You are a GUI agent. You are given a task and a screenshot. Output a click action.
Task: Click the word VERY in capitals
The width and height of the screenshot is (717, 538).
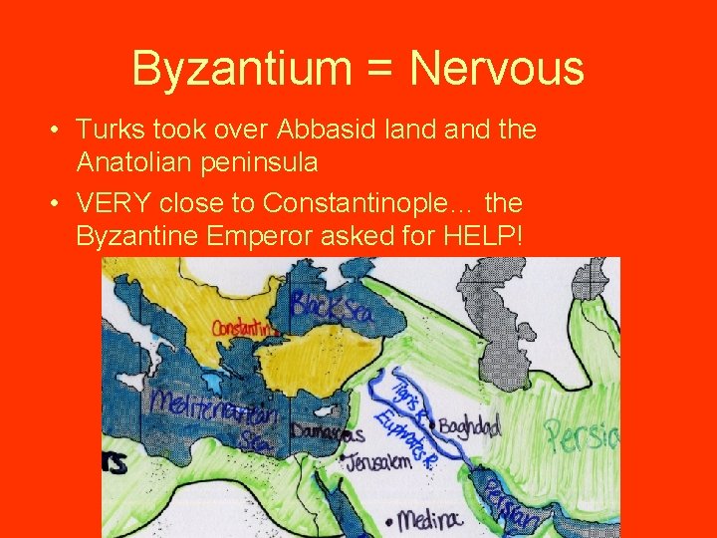113,203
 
